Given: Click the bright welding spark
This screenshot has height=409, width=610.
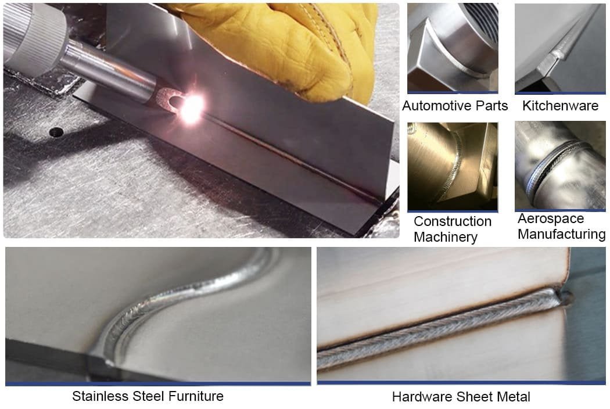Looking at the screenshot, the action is pyautogui.click(x=191, y=108).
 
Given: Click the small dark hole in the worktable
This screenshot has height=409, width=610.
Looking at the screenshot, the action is pyautogui.click(x=56, y=132).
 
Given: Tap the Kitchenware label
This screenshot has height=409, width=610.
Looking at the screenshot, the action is pyautogui.click(x=560, y=106).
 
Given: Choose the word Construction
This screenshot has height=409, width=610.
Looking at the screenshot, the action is pyautogui.click(x=453, y=221).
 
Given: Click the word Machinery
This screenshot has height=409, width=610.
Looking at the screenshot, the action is pyautogui.click(x=446, y=237).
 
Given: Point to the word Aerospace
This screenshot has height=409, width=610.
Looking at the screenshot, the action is pyautogui.click(x=551, y=218).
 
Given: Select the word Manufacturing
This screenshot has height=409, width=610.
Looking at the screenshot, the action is pyautogui.click(x=562, y=234).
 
